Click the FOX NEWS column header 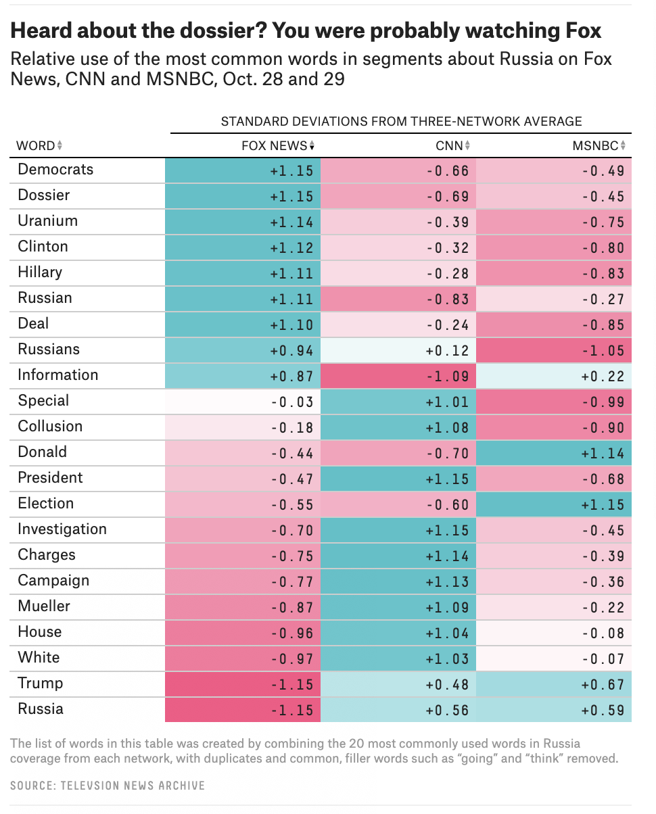click(277, 145)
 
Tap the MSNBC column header click(595, 145)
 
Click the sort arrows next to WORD click(60, 145)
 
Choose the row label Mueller click(44, 606)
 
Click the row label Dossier click(44, 195)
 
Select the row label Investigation click(62, 529)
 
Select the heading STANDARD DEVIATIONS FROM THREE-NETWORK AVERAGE click(401, 122)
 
